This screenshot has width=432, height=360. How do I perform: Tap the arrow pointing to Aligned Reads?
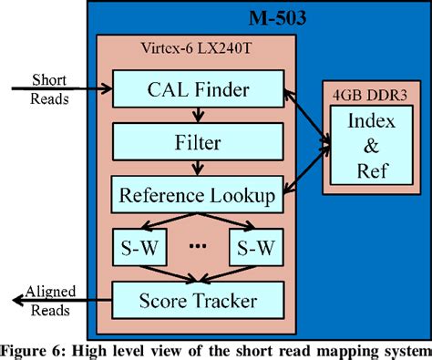[55, 298]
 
